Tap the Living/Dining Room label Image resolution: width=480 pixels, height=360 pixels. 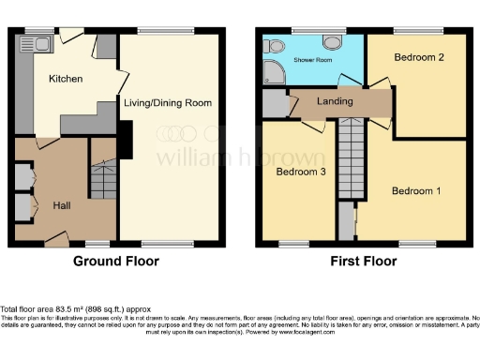tap(167, 102)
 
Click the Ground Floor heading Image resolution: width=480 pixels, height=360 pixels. tap(115, 262)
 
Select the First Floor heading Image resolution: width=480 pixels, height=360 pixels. tap(360, 262)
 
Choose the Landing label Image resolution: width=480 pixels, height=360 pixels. tap(327, 101)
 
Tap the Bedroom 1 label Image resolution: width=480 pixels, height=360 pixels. tap(414, 191)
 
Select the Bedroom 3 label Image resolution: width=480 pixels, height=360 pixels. tap(297, 172)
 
